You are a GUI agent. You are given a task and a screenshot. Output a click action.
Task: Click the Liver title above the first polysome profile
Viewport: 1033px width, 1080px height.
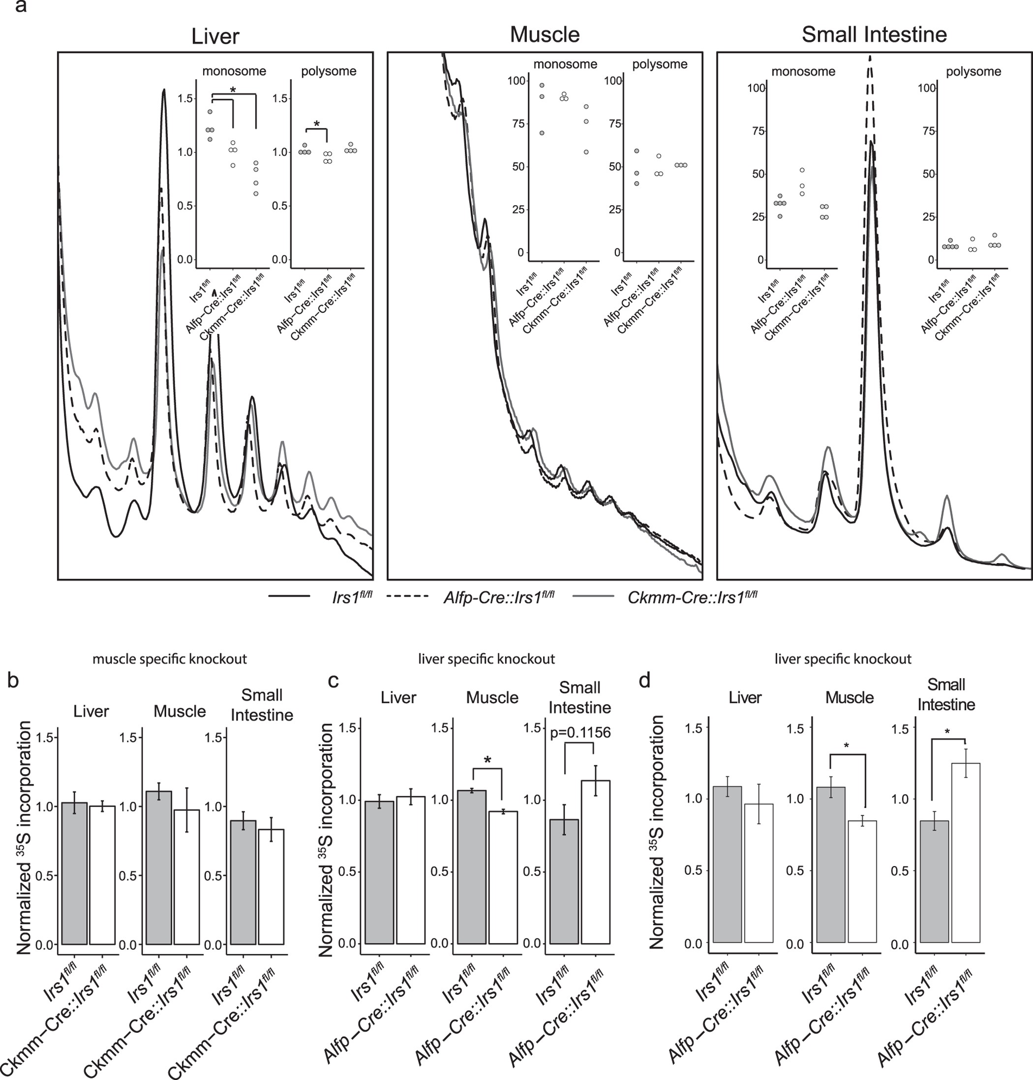pos(215,36)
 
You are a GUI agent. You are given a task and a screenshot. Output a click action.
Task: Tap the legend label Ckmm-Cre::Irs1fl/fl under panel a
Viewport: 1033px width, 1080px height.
pos(692,597)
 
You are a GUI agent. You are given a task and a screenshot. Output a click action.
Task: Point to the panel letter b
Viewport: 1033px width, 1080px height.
pos(13,681)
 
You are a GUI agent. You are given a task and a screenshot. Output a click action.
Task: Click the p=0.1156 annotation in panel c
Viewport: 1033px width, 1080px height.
pos(580,732)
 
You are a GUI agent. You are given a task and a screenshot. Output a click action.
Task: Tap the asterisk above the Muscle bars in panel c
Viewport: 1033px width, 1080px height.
pos(487,761)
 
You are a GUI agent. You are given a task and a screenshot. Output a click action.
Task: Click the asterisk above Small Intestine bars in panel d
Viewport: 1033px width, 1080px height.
pos(946,733)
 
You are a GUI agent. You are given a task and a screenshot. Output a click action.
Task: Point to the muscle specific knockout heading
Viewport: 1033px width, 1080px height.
pos(170,659)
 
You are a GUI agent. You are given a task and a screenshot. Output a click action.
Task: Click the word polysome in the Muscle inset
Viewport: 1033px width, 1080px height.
pos(659,64)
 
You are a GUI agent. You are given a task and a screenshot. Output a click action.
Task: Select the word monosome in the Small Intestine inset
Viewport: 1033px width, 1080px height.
pos(803,72)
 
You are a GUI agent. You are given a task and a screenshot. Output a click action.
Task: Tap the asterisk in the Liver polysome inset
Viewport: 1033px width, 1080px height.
pos(317,124)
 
